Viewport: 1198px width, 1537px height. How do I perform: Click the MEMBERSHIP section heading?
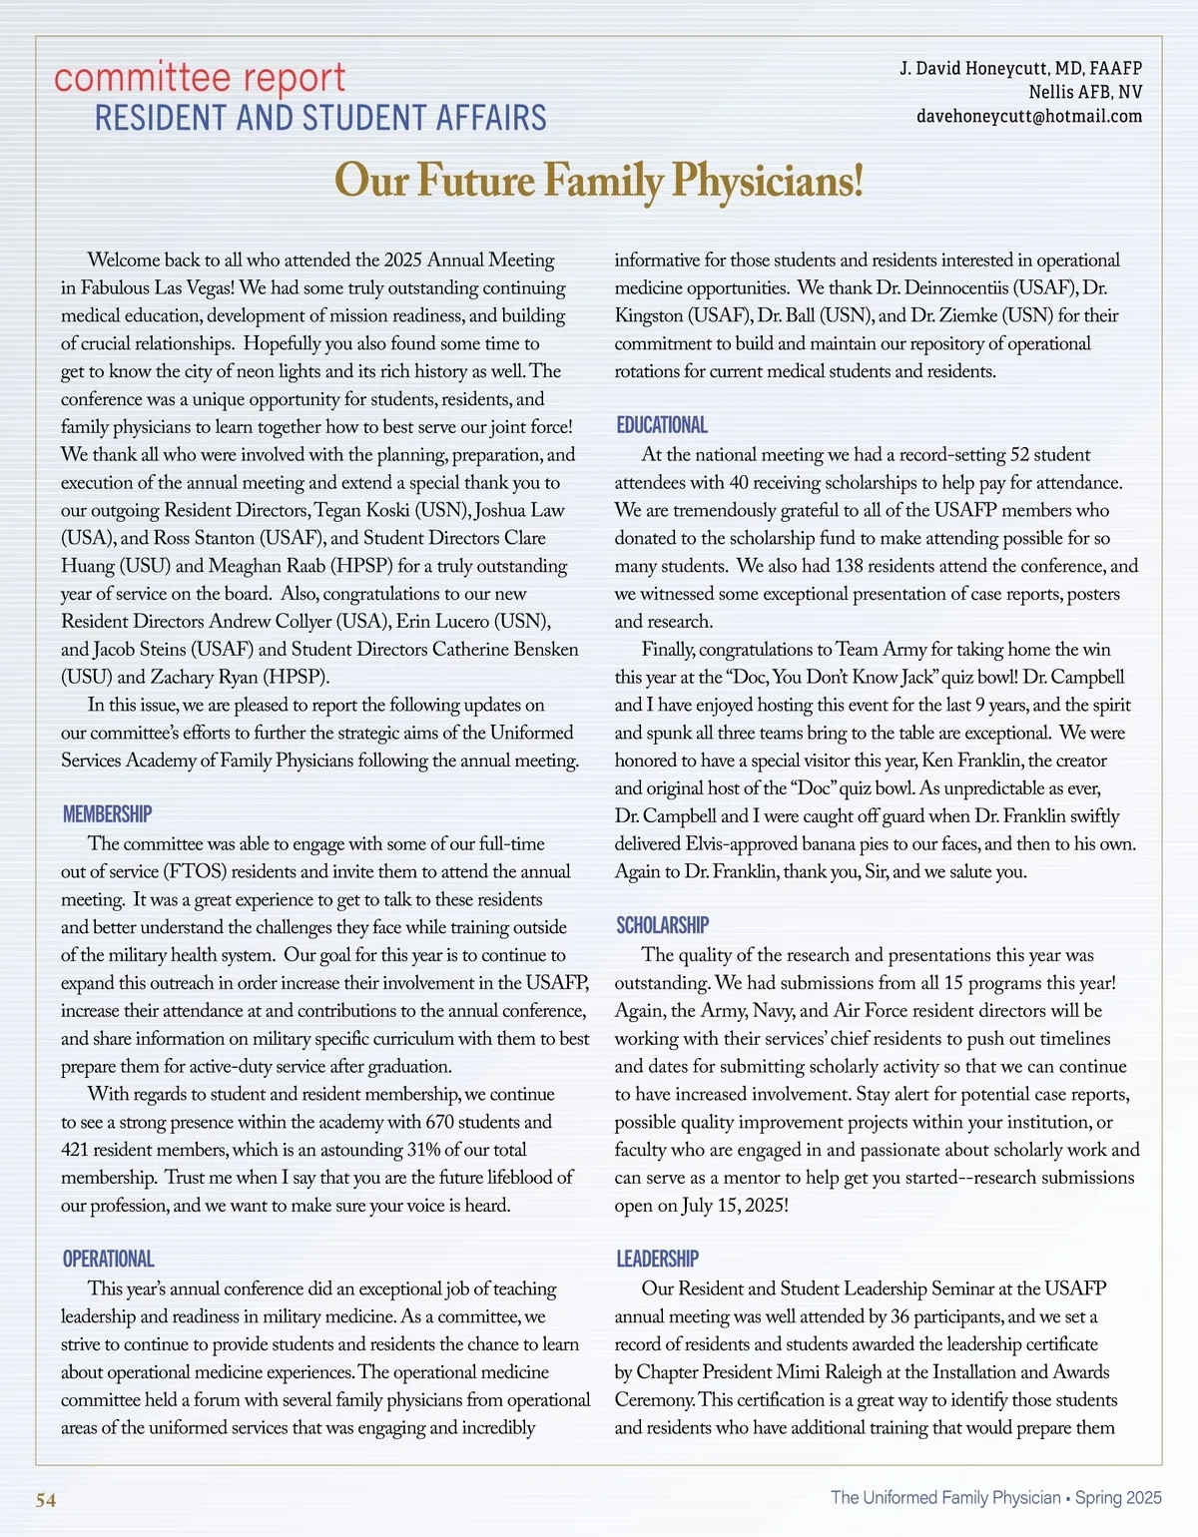coord(107,814)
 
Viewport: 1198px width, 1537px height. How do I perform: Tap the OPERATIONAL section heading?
coord(108,1260)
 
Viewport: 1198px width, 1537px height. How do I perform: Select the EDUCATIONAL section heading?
coord(661,425)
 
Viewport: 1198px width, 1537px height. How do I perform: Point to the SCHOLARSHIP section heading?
coord(662,926)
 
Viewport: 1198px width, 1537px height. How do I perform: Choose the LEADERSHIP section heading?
coord(657,1260)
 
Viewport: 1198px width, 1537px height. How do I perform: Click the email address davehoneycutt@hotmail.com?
coord(1028,117)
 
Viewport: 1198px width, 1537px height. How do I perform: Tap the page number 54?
coord(46,1500)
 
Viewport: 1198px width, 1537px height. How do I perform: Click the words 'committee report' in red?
coord(200,78)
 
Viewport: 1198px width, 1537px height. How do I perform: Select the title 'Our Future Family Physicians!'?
coord(598,181)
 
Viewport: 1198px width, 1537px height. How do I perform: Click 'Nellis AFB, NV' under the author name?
coord(1085,93)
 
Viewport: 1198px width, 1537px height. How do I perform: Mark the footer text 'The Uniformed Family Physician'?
coord(944,1497)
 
